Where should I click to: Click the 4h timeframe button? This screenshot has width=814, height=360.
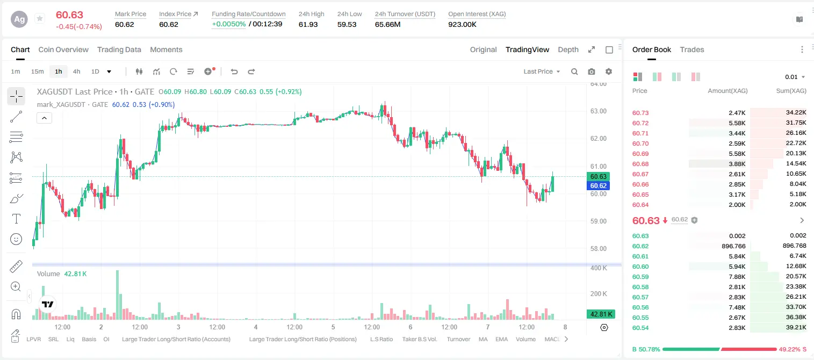pos(76,71)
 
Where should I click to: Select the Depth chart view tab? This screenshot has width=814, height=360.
pos(568,49)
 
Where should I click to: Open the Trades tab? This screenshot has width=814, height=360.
pos(692,49)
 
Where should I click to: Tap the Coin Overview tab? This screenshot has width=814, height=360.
pos(63,49)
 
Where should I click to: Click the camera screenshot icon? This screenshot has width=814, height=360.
pos(592,71)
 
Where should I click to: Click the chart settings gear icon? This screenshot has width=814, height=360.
pos(609,71)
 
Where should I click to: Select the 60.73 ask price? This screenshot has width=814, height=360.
pos(640,113)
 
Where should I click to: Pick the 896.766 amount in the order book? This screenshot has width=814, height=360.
pos(733,246)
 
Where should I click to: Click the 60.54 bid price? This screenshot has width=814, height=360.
pos(640,328)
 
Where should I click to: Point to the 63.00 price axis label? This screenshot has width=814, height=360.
pos(598,111)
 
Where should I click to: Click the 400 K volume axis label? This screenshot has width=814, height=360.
pos(599,268)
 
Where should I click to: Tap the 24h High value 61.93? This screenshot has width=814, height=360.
pos(308,24)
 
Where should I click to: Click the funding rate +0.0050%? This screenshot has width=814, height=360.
pos(228,24)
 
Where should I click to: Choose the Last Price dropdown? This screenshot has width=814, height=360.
pos(542,71)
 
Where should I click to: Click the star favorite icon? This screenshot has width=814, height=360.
pos(40,18)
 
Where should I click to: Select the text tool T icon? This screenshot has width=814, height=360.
pos(16,219)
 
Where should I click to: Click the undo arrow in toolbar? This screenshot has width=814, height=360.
pos(234,71)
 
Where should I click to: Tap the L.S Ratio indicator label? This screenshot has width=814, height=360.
pos(381,339)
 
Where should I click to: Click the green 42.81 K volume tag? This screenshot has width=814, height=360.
pos(601,314)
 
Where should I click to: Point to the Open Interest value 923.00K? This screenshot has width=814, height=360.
pos(462,24)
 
